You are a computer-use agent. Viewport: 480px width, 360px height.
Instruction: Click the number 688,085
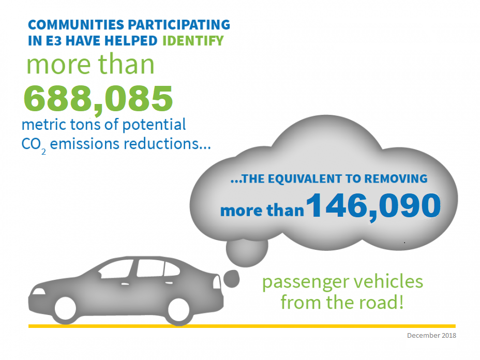98,98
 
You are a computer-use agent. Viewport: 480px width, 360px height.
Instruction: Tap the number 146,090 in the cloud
373,205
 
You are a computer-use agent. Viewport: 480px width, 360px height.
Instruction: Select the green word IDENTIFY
193,40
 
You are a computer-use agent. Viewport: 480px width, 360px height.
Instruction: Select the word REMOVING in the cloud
396,179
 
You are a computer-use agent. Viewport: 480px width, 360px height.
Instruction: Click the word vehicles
390,282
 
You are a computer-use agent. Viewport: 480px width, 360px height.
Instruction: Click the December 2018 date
431,335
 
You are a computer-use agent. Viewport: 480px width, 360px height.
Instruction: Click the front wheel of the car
66,309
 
